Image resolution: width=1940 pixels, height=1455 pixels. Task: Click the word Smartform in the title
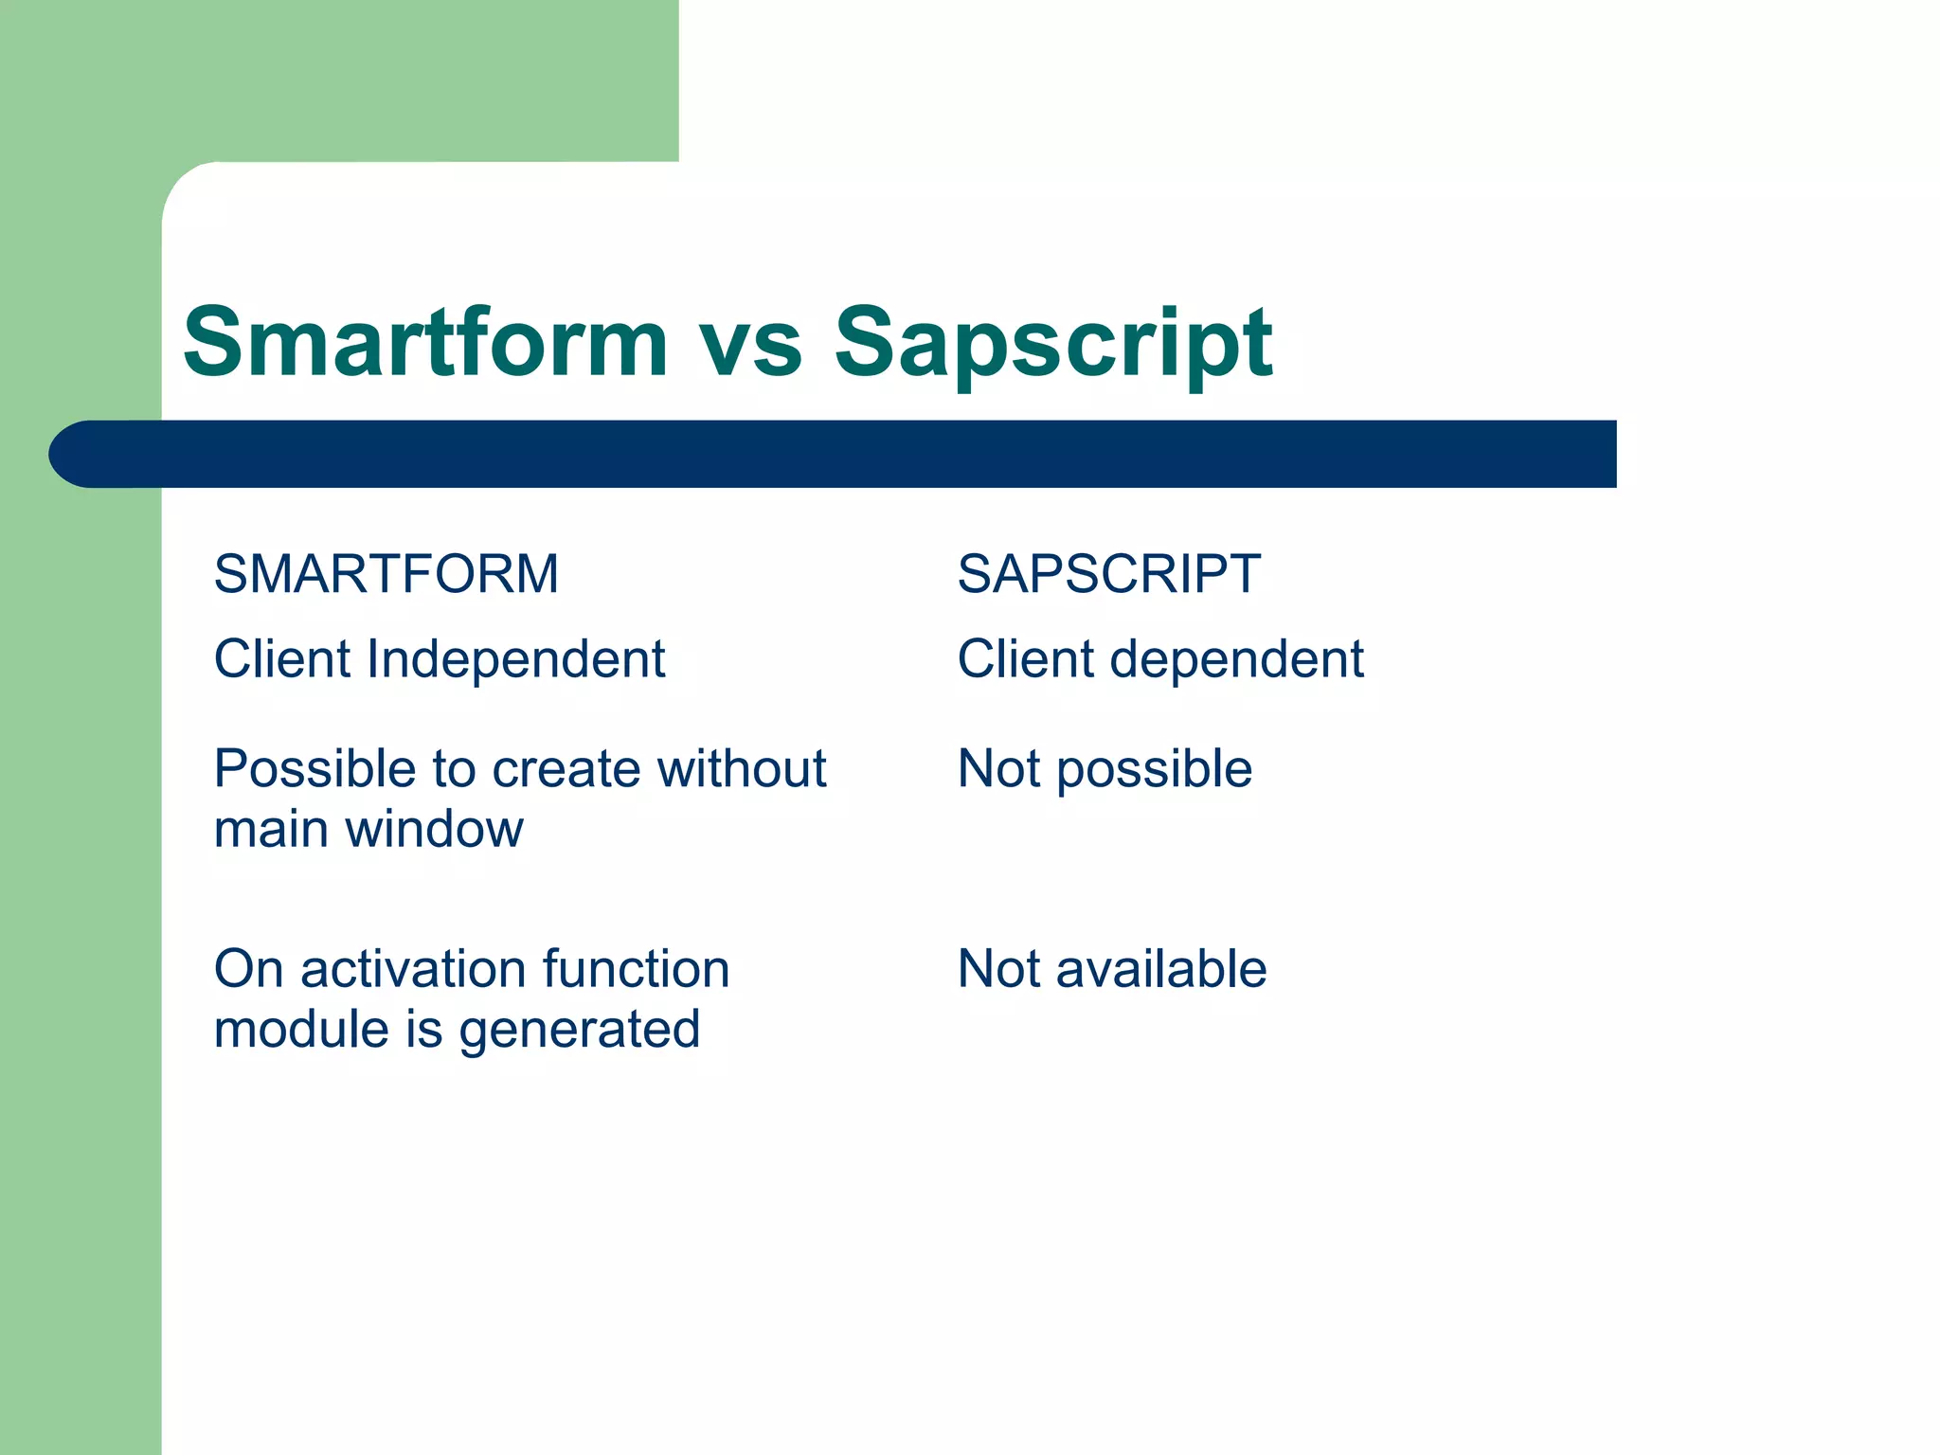click(x=425, y=342)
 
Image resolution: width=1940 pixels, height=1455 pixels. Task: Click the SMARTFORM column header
click(x=386, y=574)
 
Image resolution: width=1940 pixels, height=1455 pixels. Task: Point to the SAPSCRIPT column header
click(x=1108, y=574)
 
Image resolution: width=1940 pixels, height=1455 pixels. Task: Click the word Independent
click(x=516, y=659)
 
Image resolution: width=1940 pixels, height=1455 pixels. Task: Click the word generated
click(x=580, y=1032)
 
